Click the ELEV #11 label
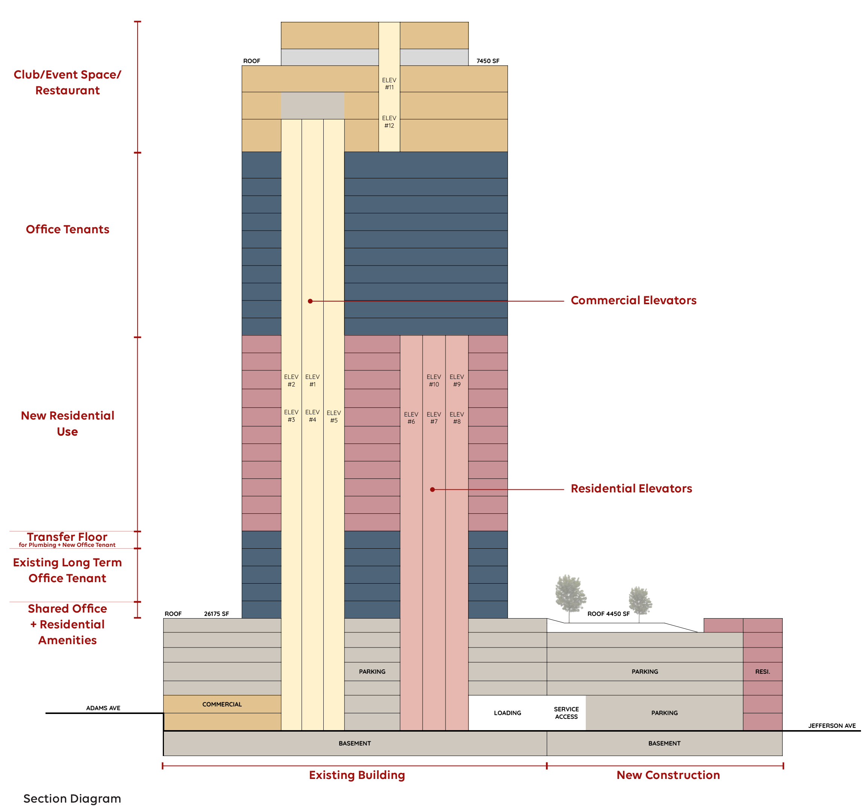pyautogui.click(x=389, y=84)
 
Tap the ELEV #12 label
pyautogui.click(x=389, y=122)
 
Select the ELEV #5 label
pyautogui.click(x=333, y=417)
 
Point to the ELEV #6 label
pyautogui.click(x=411, y=418)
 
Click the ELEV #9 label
pyautogui.click(x=456, y=380)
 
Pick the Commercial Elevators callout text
pyautogui.click(x=633, y=300)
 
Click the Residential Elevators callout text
pyautogui.click(x=631, y=489)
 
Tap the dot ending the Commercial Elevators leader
pyautogui.click(x=310, y=301)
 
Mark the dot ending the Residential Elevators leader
pyautogui.click(x=432, y=490)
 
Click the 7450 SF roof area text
pyautogui.click(x=488, y=61)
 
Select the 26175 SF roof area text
pyautogui.click(x=216, y=614)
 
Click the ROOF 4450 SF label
pyautogui.click(x=608, y=614)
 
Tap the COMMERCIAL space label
pyautogui.click(x=221, y=705)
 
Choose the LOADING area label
pyautogui.click(x=507, y=713)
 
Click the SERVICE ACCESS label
pyautogui.click(x=566, y=713)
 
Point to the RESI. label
pyautogui.click(x=762, y=672)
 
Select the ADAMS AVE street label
pyautogui.click(x=103, y=708)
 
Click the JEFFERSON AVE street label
pyautogui.click(x=832, y=726)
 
